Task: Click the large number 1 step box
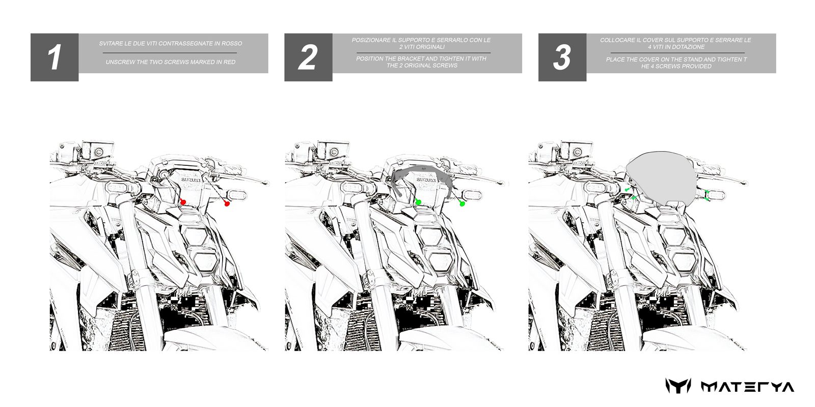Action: click(x=55, y=57)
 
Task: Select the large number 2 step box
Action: click(x=308, y=57)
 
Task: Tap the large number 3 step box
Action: click(x=562, y=57)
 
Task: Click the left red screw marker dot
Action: click(x=183, y=202)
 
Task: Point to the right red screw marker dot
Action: click(x=227, y=204)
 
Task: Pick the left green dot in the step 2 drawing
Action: click(x=418, y=202)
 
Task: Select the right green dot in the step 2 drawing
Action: click(x=462, y=204)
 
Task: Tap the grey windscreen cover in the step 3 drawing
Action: click(x=660, y=178)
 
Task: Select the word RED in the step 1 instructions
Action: click(x=229, y=62)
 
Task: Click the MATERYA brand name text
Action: click(x=747, y=387)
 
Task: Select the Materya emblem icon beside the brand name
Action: click(x=678, y=386)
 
